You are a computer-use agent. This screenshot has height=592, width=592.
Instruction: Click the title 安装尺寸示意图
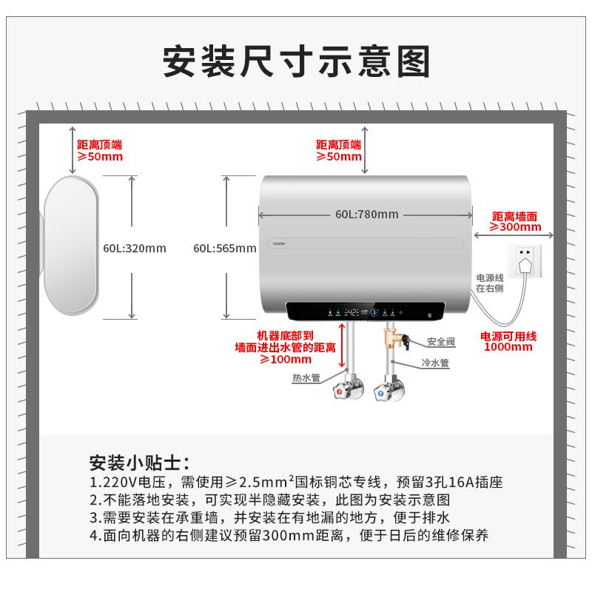(x=296, y=61)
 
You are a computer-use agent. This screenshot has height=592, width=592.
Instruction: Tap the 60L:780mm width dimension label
(x=366, y=215)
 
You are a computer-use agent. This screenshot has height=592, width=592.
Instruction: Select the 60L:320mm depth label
(x=135, y=249)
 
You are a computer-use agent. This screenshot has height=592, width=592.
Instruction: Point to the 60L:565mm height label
(x=224, y=249)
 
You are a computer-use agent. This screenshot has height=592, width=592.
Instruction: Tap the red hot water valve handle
(x=340, y=391)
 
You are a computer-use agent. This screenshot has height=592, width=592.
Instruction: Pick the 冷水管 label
(x=434, y=363)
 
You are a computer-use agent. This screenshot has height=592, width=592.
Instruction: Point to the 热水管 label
(x=306, y=377)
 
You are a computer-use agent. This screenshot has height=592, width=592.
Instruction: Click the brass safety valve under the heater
(x=389, y=340)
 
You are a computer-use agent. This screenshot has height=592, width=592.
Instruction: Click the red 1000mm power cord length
(x=508, y=346)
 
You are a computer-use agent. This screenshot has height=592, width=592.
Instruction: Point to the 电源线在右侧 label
(x=490, y=283)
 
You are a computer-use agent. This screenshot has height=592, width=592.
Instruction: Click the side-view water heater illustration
(x=72, y=248)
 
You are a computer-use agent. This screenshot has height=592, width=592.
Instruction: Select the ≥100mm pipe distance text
(x=285, y=359)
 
